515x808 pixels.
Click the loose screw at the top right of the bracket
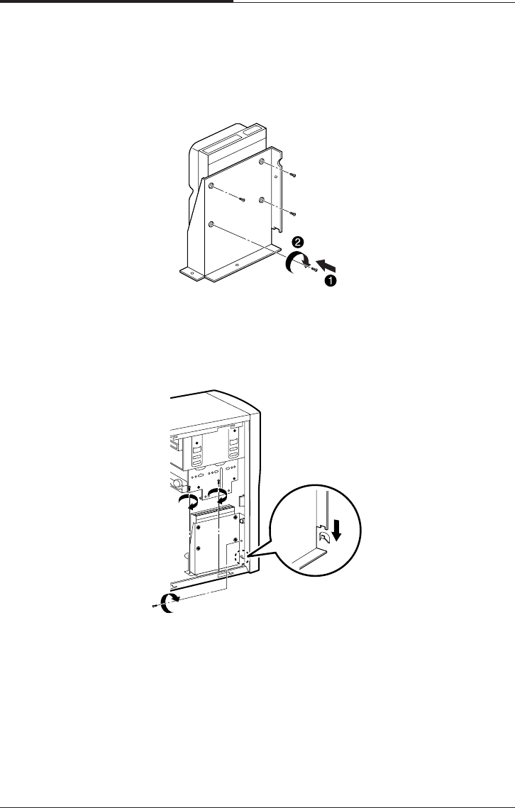292,174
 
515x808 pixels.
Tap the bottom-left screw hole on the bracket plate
212,224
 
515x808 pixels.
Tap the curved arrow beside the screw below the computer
170,603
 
